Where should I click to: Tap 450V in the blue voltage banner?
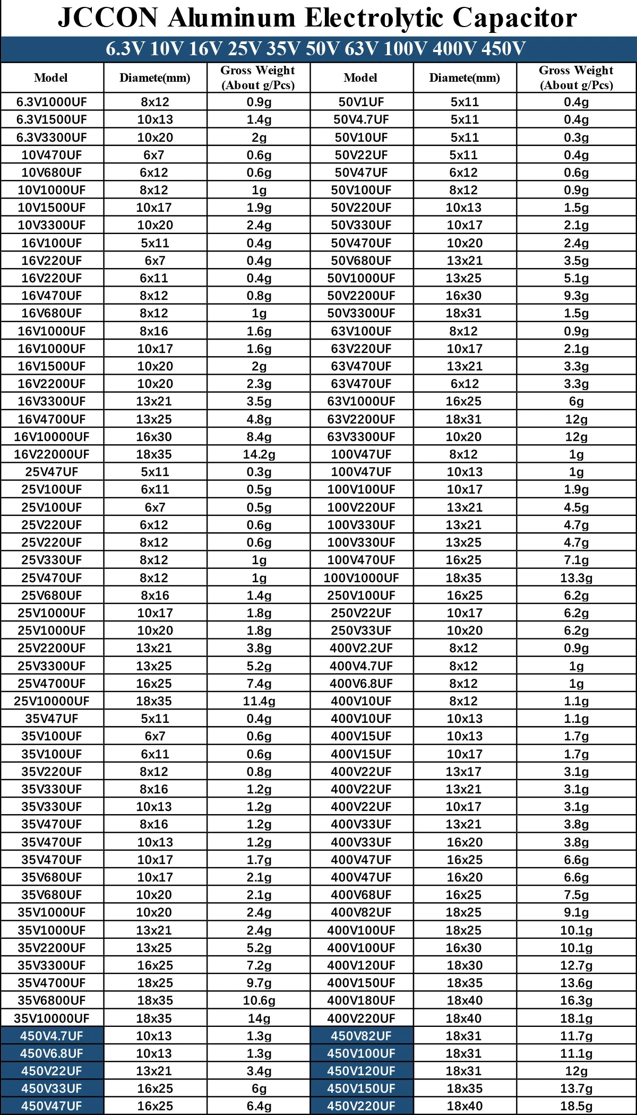point(503,49)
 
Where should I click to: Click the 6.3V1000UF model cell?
point(51,102)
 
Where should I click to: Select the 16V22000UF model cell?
point(51,454)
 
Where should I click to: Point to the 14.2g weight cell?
point(259,454)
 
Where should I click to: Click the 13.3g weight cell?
point(576,578)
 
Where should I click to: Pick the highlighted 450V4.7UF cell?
point(51,1036)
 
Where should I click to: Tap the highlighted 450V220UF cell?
point(361,1107)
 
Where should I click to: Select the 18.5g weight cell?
point(576,1107)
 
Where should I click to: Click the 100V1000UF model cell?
point(361,578)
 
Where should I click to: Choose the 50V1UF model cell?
point(361,102)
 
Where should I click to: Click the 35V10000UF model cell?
point(51,1018)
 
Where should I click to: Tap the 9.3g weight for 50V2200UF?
point(576,296)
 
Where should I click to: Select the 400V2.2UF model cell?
point(361,648)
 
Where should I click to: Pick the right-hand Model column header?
point(360,77)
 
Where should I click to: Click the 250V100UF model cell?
point(361,595)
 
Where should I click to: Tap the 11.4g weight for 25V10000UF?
point(259,701)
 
